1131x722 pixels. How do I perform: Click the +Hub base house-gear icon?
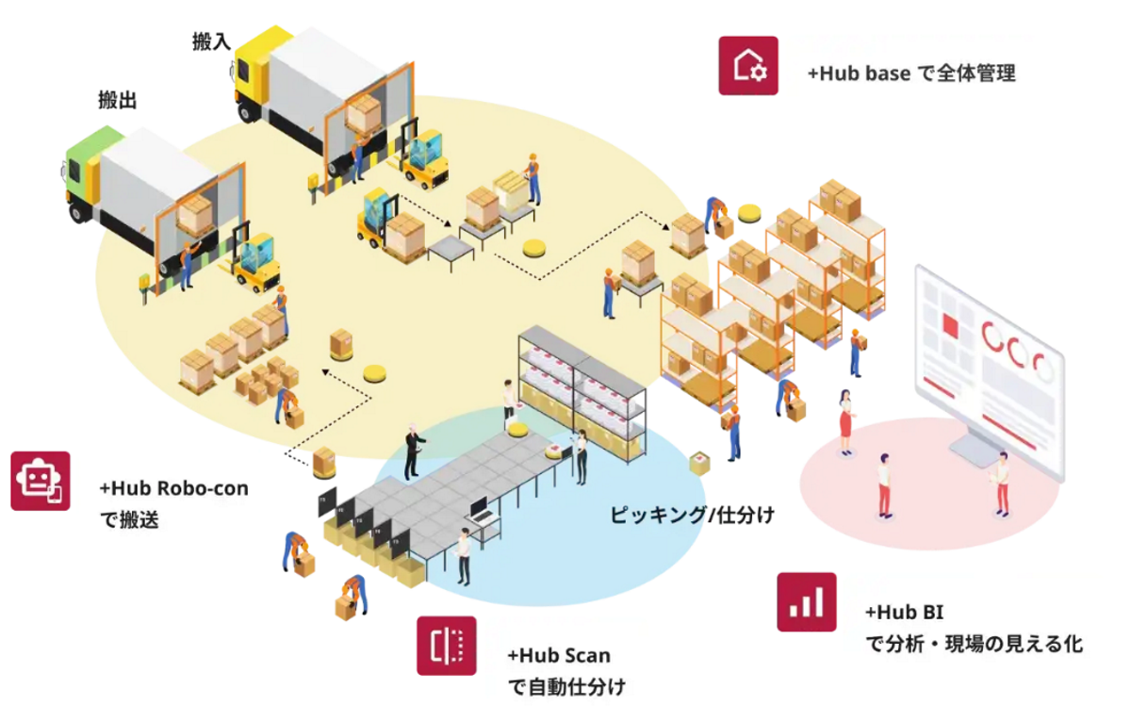point(748,65)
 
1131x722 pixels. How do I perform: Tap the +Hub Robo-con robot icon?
point(41,481)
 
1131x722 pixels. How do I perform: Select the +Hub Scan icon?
point(447,646)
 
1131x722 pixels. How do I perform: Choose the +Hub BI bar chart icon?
point(806,601)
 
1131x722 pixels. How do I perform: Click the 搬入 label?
point(211,41)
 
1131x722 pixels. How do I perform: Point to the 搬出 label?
point(118,100)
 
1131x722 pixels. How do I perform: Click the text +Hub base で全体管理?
point(911,74)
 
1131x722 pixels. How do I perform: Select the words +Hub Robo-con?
point(173,488)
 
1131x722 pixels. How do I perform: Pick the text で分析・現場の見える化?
point(974,645)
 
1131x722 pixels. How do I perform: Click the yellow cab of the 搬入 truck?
point(251,71)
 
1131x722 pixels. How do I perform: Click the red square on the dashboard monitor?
point(950,326)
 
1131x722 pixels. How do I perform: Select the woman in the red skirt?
point(845,419)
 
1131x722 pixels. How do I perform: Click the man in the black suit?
point(412,451)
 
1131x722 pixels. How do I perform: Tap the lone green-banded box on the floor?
point(700,463)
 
